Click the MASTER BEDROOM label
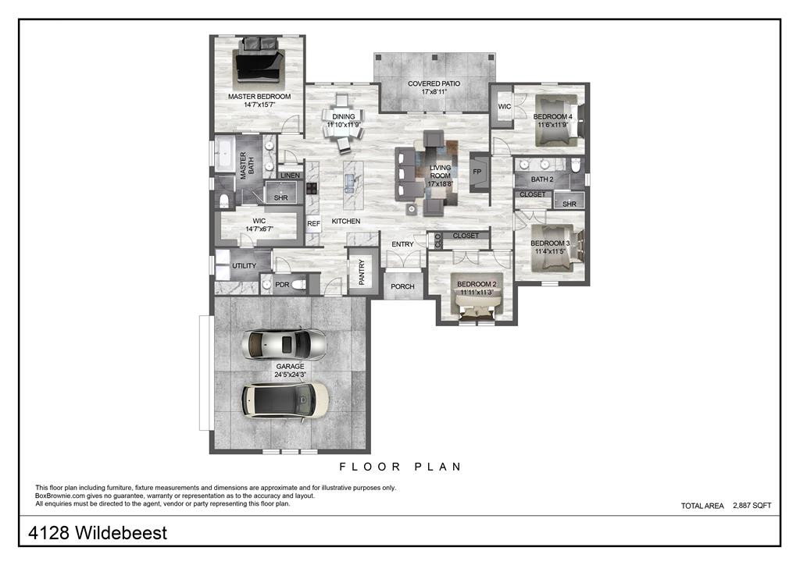[259, 97]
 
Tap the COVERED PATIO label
[434, 84]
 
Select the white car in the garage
[284, 400]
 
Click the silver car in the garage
[284, 343]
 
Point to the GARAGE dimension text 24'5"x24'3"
[290, 375]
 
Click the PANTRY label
[361, 272]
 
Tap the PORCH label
[402, 286]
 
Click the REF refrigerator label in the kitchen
[313, 224]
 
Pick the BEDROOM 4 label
[553, 117]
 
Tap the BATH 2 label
[542, 180]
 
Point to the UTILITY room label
[244, 266]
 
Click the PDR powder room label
[281, 285]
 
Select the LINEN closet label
[290, 176]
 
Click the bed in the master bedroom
[260, 63]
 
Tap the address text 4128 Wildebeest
[98, 534]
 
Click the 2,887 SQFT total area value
[752, 506]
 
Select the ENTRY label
[402, 244]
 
